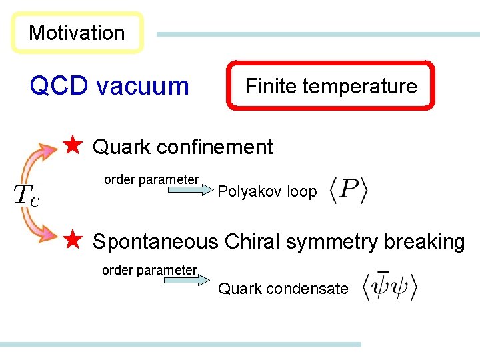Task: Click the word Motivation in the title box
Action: click(x=77, y=33)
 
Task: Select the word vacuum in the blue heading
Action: click(x=143, y=86)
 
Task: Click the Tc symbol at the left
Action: click(x=27, y=195)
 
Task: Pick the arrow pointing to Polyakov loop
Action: click(x=187, y=191)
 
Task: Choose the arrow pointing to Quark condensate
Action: click(x=186, y=280)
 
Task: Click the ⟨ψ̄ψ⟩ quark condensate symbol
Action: click(x=389, y=285)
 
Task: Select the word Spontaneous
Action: click(x=155, y=241)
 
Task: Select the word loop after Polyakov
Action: click(x=302, y=192)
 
